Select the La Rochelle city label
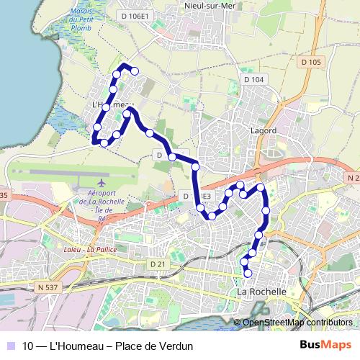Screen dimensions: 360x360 [x=261, y=292]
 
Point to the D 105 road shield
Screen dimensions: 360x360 [x=311, y=62]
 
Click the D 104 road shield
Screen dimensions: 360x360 [x=253, y=79]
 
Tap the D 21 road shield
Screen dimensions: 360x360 [x=158, y=264]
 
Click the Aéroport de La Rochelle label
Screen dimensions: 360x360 [x=106, y=203]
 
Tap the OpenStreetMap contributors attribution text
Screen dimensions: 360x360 [x=297, y=323]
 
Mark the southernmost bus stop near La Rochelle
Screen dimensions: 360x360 [x=248, y=273]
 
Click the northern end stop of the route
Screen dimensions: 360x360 [x=135, y=70]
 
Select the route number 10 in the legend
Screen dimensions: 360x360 [x=28, y=346]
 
